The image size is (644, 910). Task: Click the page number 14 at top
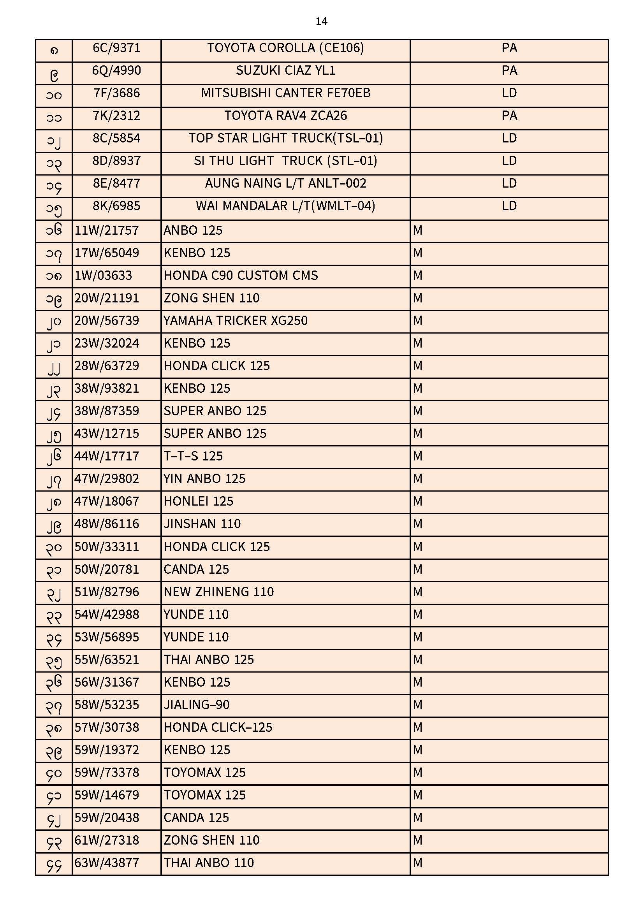click(321, 21)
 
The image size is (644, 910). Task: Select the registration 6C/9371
click(116, 48)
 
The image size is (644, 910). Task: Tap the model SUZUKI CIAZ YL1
click(285, 70)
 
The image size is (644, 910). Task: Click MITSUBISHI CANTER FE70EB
click(285, 93)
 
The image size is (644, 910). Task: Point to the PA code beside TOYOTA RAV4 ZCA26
click(509, 116)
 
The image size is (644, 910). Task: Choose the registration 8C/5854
click(116, 138)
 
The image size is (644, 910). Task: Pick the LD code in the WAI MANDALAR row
click(509, 206)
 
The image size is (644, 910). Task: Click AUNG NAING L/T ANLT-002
click(285, 183)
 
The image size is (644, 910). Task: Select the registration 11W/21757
click(106, 230)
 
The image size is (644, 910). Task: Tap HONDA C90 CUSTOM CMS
click(241, 276)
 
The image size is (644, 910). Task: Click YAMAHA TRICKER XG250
click(236, 321)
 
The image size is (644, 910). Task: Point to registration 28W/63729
click(106, 366)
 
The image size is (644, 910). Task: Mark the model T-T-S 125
click(193, 456)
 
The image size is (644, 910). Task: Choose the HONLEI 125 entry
click(198, 501)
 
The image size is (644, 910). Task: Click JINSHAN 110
click(202, 524)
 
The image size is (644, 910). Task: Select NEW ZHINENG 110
click(218, 592)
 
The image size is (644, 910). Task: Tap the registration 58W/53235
click(106, 705)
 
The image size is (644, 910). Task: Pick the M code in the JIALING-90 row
click(417, 705)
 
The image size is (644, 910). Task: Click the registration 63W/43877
click(106, 863)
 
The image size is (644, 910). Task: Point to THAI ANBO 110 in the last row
click(209, 863)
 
